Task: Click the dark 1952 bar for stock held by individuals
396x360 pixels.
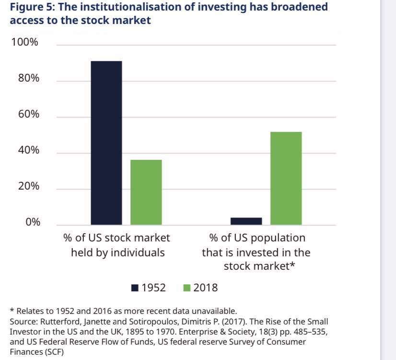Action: (106, 143)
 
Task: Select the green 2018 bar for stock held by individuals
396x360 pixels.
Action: (146, 192)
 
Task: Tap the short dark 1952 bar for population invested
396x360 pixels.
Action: (246, 221)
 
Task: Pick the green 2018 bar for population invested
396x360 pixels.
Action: (286, 178)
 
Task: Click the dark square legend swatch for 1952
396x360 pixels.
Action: (134, 288)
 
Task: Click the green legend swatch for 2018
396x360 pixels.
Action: (186, 288)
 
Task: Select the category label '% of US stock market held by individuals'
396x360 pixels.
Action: (117, 245)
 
